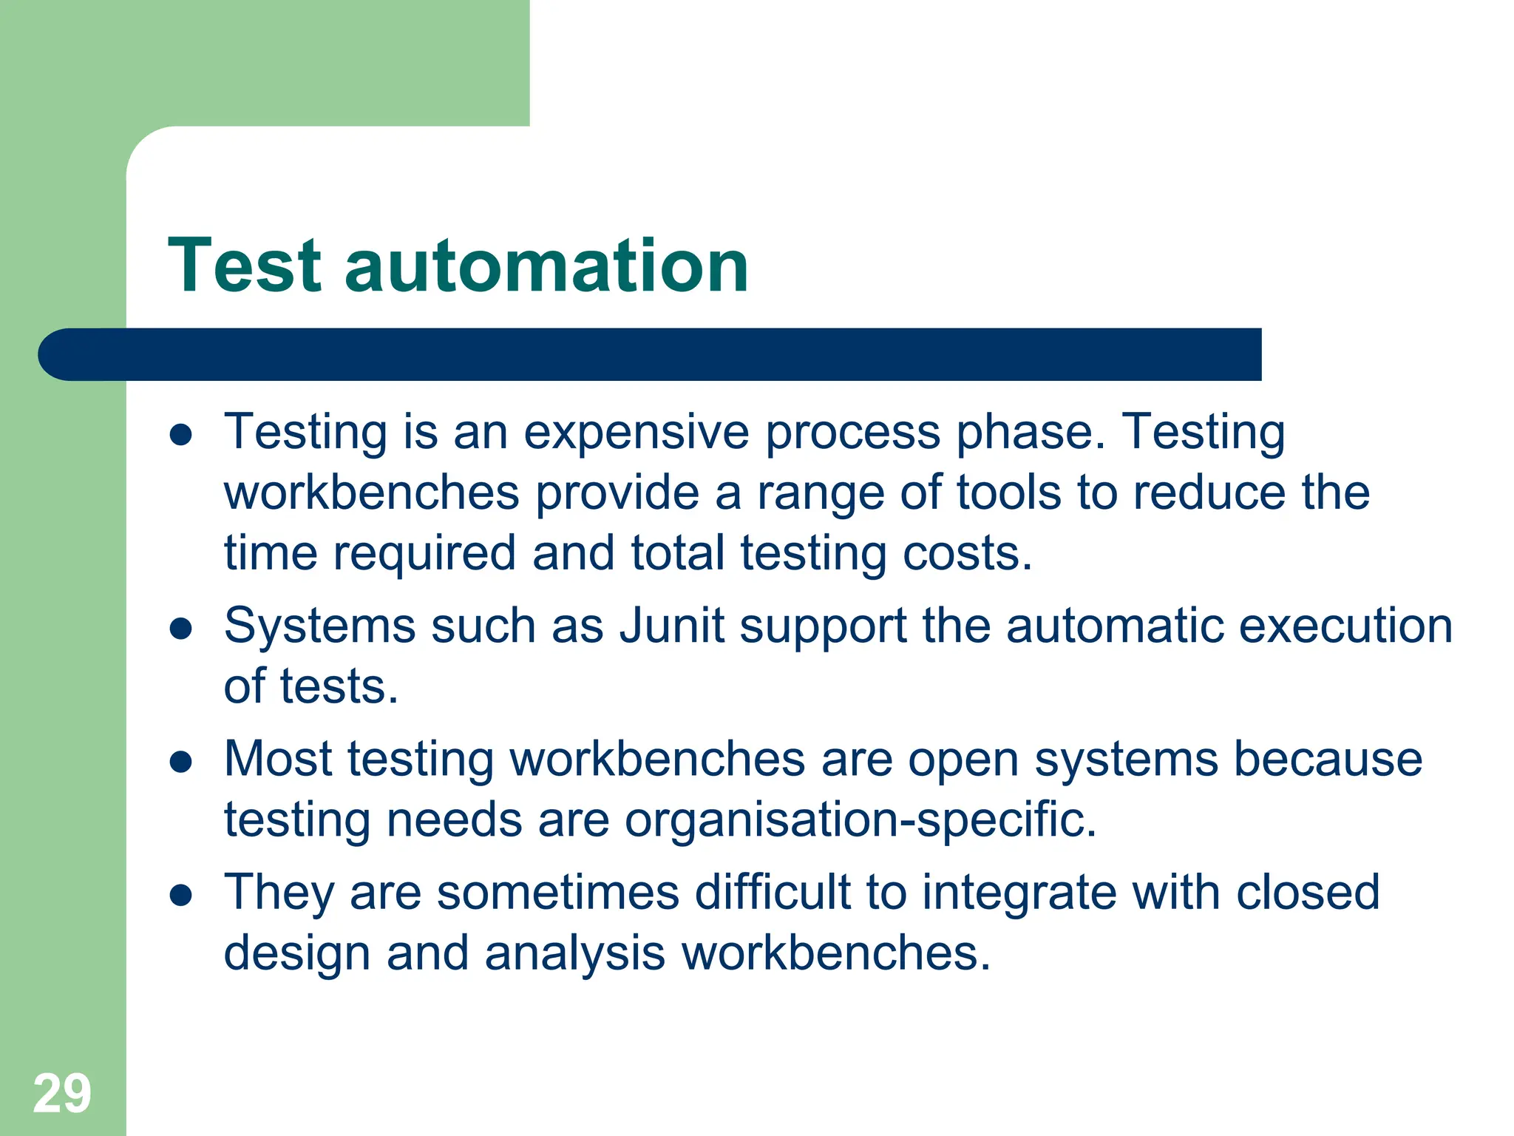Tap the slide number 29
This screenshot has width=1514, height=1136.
click(x=62, y=1093)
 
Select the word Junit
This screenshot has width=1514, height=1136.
click(x=672, y=626)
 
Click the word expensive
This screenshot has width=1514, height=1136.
click(x=637, y=432)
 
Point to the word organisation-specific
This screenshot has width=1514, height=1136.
click(x=860, y=820)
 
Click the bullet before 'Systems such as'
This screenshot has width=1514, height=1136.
click(x=180, y=629)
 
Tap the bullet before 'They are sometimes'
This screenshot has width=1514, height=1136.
click(x=180, y=896)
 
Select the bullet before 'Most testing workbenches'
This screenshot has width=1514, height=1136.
click(x=180, y=762)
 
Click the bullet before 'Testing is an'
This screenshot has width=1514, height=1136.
click(x=180, y=435)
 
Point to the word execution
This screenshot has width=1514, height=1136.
click(x=1345, y=626)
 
